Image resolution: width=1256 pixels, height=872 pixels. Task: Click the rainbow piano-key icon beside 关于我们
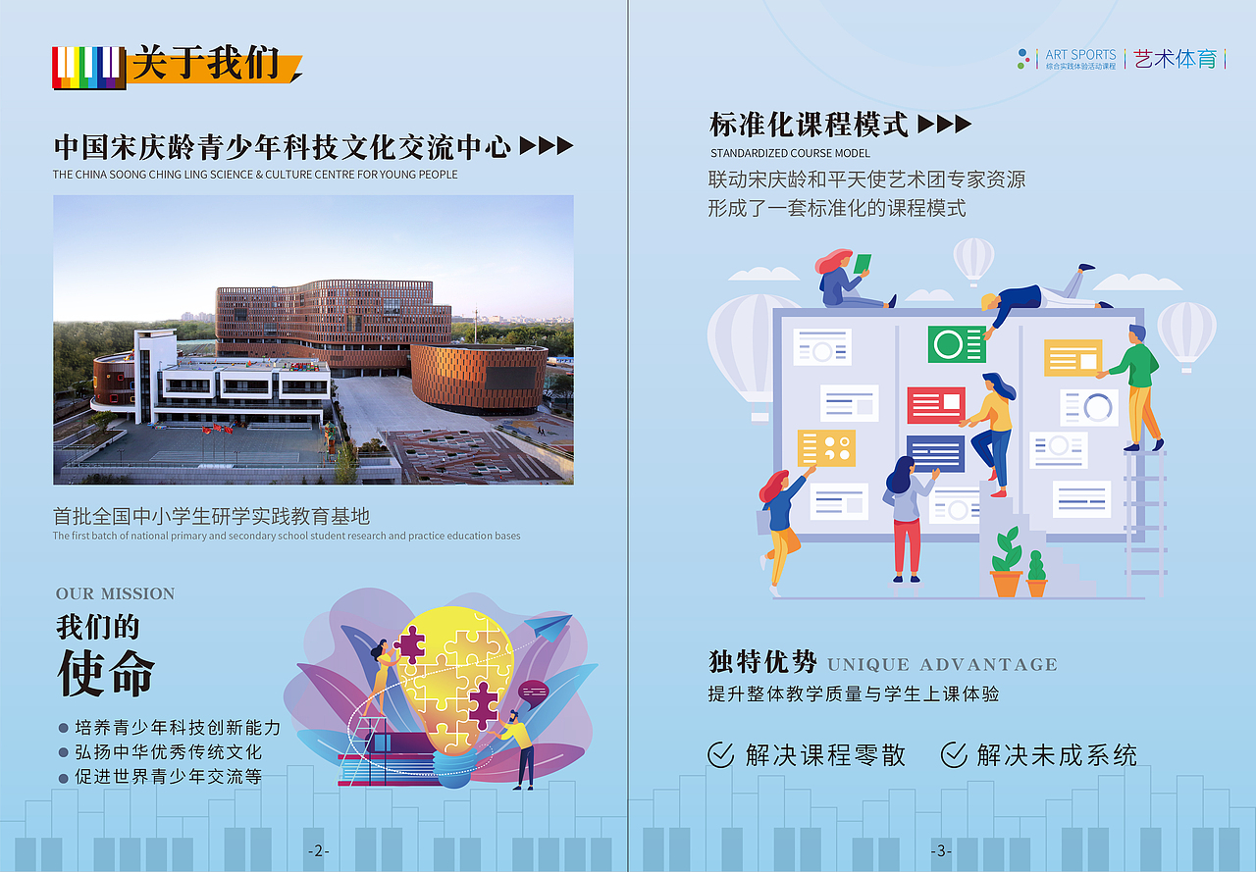(x=88, y=68)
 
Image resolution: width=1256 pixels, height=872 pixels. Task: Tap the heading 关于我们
(x=206, y=64)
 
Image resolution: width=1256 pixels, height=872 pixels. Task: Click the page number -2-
(x=316, y=851)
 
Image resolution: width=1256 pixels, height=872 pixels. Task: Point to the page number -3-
(x=941, y=851)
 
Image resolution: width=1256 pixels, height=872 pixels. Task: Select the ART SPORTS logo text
(x=1080, y=55)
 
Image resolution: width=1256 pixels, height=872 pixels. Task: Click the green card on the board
(x=957, y=344)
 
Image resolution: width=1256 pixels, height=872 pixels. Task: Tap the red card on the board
(x=936, y=404)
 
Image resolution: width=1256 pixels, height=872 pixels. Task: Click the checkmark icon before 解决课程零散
(x=721, y=754)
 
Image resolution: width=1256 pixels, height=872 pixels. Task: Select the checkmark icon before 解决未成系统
(x=954, y=754)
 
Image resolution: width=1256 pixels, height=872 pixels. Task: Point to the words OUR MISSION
(x=115, y=593)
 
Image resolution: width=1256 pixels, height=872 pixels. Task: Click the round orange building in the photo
(x=479, y=378)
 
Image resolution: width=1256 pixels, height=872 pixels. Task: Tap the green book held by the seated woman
(x=862, y=264)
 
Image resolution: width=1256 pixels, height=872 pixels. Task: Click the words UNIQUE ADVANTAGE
(x=942, y=665)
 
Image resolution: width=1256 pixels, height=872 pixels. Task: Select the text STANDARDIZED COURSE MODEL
(x=790, y=153)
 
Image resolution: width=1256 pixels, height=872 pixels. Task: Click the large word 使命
(x=106, y=674)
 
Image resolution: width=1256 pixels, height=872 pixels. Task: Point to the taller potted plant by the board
(x=1007, y=564)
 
